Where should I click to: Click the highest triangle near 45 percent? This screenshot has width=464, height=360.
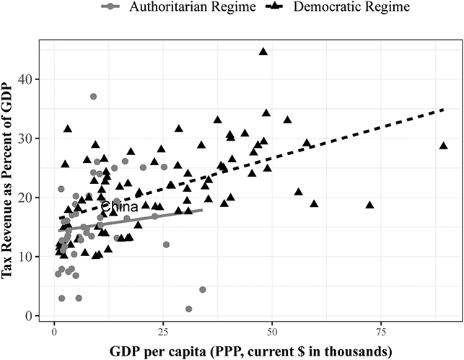263,51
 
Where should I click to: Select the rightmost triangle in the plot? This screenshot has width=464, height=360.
444,145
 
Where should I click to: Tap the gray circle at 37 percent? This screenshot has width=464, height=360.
93,97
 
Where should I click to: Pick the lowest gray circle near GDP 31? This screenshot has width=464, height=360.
189,309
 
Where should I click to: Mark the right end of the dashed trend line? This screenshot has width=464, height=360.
442,110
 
